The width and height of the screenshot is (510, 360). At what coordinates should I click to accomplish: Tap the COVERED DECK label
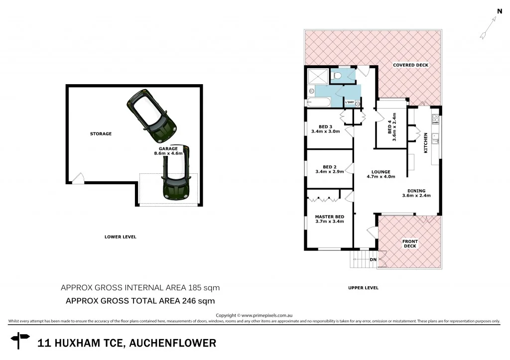(x=410, y=65)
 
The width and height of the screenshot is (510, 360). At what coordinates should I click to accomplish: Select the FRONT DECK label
(x=410, y=243)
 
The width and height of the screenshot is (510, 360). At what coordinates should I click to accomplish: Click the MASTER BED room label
(x=330, y=217)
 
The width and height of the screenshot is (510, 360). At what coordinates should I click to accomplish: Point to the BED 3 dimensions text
(x=325, y=131)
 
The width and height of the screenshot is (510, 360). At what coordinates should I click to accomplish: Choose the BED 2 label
(x=330, y=167)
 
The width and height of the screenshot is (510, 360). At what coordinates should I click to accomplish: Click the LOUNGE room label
(x=381, y=172)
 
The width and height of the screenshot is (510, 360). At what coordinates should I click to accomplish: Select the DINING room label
(x=416, y=191)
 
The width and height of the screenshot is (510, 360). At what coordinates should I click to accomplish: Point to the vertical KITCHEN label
(x=425, y=142)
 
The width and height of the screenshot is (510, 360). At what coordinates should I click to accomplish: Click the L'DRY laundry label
(x=350, y=103)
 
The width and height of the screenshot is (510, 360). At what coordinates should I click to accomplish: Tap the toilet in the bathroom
(x=337, y=76)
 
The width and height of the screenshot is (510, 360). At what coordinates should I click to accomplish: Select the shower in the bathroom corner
(x=317, y=76)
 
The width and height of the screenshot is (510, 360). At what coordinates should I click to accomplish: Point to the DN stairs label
(x=373, y=259)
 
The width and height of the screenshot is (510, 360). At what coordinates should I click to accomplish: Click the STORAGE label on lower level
(x=101, y=133)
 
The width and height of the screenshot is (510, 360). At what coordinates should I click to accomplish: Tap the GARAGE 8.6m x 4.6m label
(x=168, y=151)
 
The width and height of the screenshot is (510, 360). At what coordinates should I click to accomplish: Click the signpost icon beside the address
(x=20, y=341)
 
